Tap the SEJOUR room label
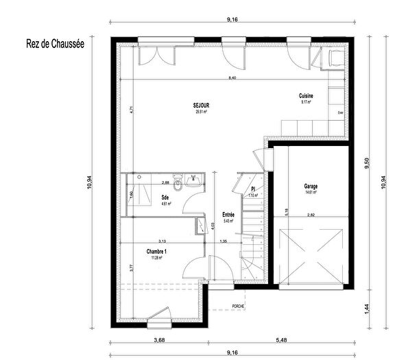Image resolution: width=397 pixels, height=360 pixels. pyautogui.click(x=202, y=105)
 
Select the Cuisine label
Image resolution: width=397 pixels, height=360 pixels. pyautogui.click(x=305, y=95)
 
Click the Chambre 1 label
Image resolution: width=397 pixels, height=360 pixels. pyautogui.click(x=156, y=252)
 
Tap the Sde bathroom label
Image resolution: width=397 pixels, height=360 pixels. pyautogui.click(x=165, y=197)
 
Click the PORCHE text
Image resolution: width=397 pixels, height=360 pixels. pyautogui.click(x=238, y=306)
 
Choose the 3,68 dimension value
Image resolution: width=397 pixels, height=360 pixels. pyautogui.click(x=159, y=341)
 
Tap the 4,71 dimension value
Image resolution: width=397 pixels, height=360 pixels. pyautogui.click(x=130, y=108)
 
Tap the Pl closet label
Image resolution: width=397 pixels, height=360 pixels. pyautogui.click(x=253, y=189)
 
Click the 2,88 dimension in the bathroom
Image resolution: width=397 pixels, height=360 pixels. pyautogui.click(x=165, y=183)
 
